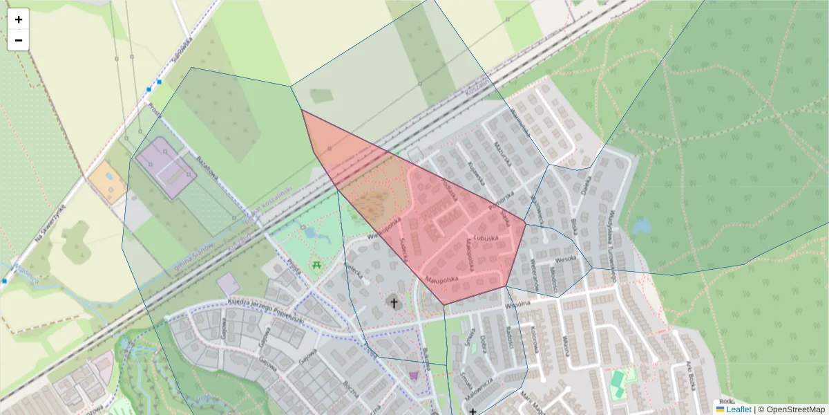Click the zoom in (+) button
pos(19,19)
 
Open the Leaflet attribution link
pos(739,409)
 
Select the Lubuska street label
pos(486,239)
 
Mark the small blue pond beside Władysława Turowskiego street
pos(642,226)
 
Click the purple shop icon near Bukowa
pos(414,375)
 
